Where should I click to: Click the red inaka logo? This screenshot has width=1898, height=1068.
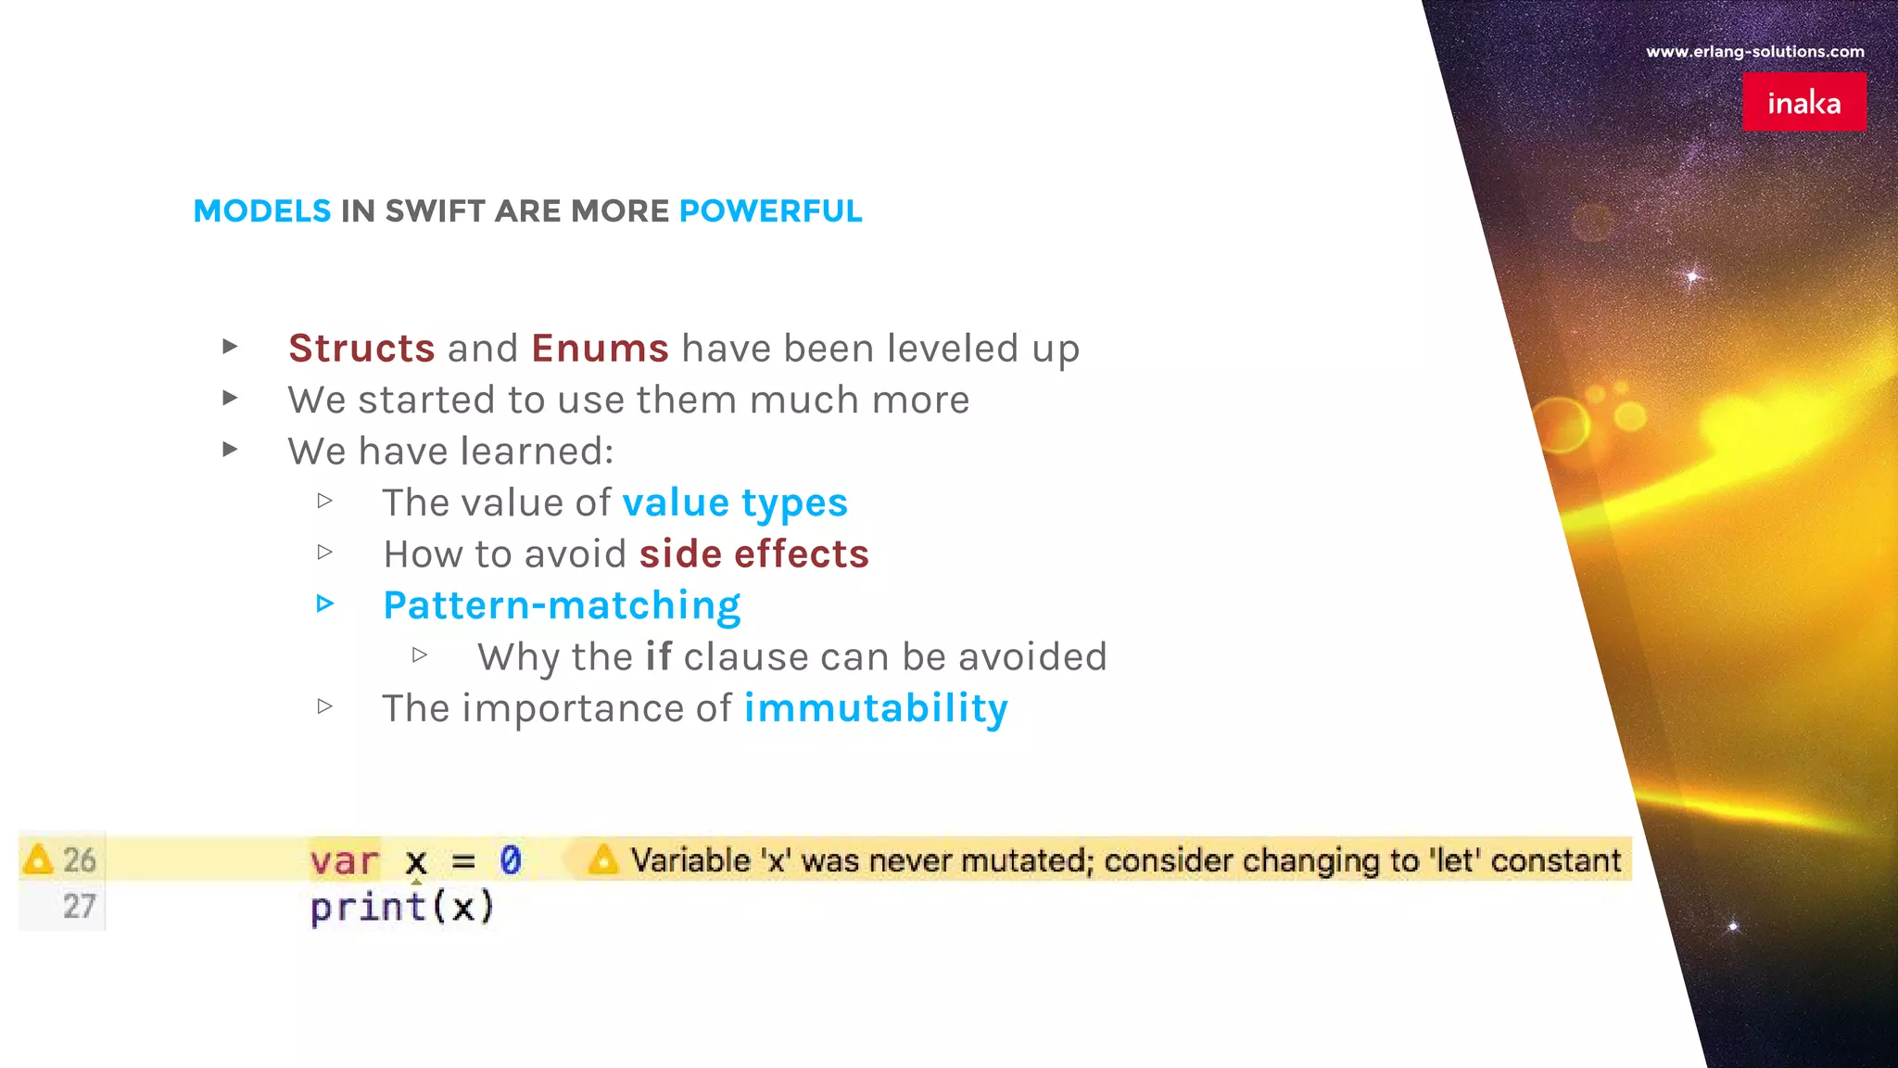click(x=1803, y=102)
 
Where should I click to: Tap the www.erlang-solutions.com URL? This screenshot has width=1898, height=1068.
click(x=1754, y=52)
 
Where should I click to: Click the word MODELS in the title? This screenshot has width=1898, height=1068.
click(x=261, y=211)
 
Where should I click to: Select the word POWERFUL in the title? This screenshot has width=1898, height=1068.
click(x=770, y=211)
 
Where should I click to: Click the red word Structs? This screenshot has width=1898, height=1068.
click(x=361, y=349)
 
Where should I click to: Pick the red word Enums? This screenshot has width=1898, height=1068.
click(x=600, y=349)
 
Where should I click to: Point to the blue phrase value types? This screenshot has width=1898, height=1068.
click(x=735, y=503)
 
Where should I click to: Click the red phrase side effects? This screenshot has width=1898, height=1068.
click(x=753, y=554)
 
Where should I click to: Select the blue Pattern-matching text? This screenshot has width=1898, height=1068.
click(x=562, y=605)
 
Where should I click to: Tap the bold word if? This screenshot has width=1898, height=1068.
click(x=658, y=656)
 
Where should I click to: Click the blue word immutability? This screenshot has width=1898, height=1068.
click(x=876, y=708)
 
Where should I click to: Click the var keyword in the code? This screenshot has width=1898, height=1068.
click(x=344, y=861)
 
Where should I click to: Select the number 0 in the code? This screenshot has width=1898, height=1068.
click(x=511, y=860)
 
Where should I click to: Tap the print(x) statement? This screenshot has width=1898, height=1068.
click(x=402, y=907)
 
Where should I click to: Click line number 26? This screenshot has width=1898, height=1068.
click(x=80, y=860)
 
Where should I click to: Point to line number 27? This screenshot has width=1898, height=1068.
click(x=80, y=906)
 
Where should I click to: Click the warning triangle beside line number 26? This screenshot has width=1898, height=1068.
click(x=38, y=859)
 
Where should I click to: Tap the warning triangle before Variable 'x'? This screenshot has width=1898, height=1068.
click(x=602, y=859)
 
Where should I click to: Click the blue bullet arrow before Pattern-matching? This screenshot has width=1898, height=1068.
click(x=324, y=604)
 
